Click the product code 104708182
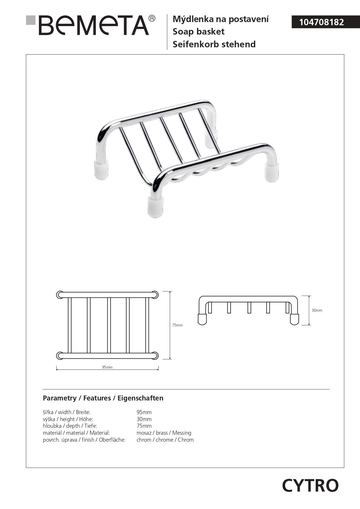point(321,22)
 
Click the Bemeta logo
point(94,26)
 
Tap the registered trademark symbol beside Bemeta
point(152,19)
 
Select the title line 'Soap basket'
point(198,32)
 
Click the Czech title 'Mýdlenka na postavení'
point(220,19)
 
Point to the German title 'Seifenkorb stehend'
point(214,44)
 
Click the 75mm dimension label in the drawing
point(177,325)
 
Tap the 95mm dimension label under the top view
point(107,367)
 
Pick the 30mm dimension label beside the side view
point(317,310)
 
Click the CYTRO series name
point(310,485)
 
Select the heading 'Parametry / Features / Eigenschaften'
point(103,398)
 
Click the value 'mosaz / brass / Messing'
point(164,433)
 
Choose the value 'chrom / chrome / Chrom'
point(165,440)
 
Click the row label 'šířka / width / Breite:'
point(67,412)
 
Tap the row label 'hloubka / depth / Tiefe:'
point(70,426)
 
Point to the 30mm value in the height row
point(144,419)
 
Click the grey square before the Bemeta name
point(30,20)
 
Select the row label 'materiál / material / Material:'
point(76,433)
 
